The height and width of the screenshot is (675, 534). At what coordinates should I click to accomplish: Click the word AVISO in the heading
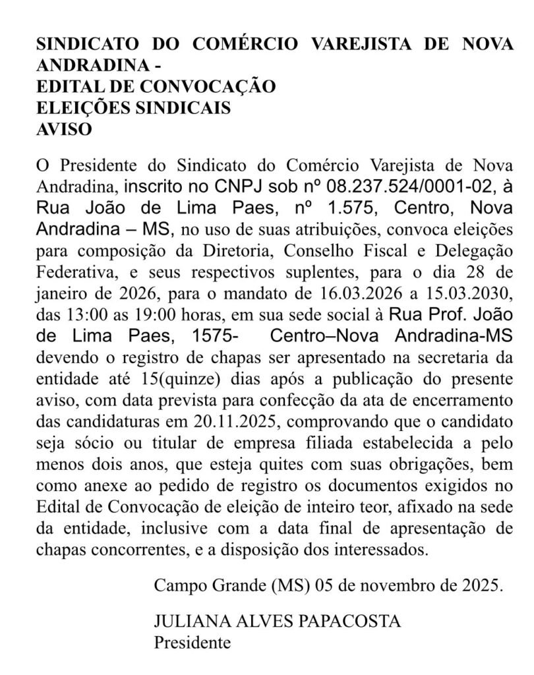63,129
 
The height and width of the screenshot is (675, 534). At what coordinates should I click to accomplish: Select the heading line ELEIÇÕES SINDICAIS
133,107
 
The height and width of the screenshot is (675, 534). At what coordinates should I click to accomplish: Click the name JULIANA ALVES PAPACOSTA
278,622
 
